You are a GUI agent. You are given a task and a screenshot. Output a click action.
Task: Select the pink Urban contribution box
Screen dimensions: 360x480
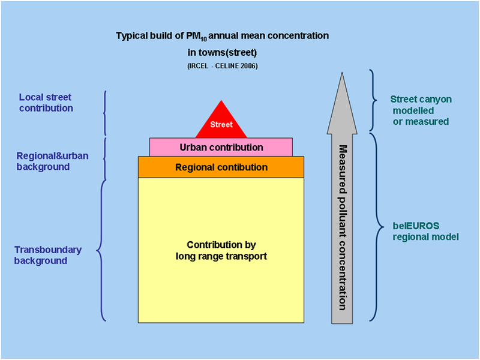[221, 147]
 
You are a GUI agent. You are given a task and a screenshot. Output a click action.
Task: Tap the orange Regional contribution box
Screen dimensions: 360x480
[221, 167]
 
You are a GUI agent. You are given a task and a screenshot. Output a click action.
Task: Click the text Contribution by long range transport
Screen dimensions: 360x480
[221, 251]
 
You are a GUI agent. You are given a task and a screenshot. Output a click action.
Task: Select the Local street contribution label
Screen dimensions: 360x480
[46, 103]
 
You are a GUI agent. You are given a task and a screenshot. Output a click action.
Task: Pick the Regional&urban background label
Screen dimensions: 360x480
[52, 161]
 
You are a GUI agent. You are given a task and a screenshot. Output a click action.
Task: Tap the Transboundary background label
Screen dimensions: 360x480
[48, 255]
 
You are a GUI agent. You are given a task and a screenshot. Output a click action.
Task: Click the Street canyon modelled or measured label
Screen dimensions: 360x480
[420, 110]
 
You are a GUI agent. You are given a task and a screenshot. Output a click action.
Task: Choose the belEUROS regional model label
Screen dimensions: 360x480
[425, 231]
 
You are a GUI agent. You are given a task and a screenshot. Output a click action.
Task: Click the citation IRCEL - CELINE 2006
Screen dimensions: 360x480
[222, 65]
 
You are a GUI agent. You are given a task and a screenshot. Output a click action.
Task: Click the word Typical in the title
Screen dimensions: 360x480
[131, 36]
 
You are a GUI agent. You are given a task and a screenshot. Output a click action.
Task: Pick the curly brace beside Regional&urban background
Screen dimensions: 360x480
[106, 158]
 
